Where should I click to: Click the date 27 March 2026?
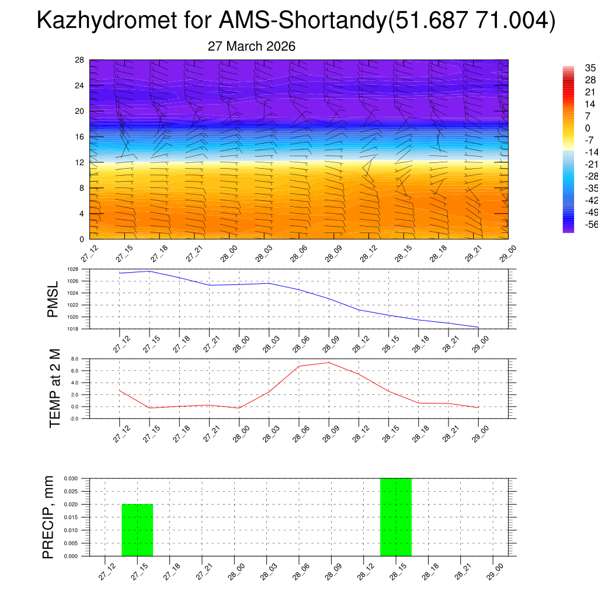pyautogui.click(x=252, y=46)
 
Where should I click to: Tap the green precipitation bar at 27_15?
pyautogui.click(x=137, y=530)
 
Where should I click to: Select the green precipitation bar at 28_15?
pyautogui.click(x=396, y=517)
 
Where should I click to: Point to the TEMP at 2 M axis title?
pyautogui.click(x=55, y=389)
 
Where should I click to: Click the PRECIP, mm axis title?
pyautogui.click(x=48, y=517)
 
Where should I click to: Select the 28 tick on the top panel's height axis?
pyautogui.click(x=80, y=60)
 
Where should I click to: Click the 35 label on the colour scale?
pyautogui.click(x=590, y=68)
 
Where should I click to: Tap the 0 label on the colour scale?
pyautogui.click(x=588, y=128)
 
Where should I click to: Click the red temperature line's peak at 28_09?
pyautogui.click(x=329, y=363)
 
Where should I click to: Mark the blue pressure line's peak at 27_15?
pyautogui.click(x=149, y=271)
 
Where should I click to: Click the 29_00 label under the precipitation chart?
pyautogui.click(x=494, y=574)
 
